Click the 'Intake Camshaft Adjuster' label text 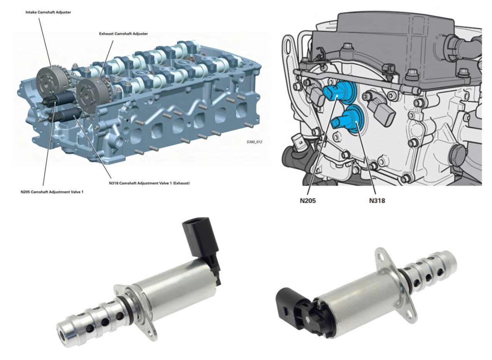tap(48, 12)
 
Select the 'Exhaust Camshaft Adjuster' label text tap(123, 34)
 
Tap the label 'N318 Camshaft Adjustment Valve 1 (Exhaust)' tap(149, 183)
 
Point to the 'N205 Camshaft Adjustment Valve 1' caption tap(52, 192)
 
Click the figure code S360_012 tap(254, 142)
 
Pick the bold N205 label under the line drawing tap(308, 201)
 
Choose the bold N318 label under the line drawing tap(377, 201)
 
